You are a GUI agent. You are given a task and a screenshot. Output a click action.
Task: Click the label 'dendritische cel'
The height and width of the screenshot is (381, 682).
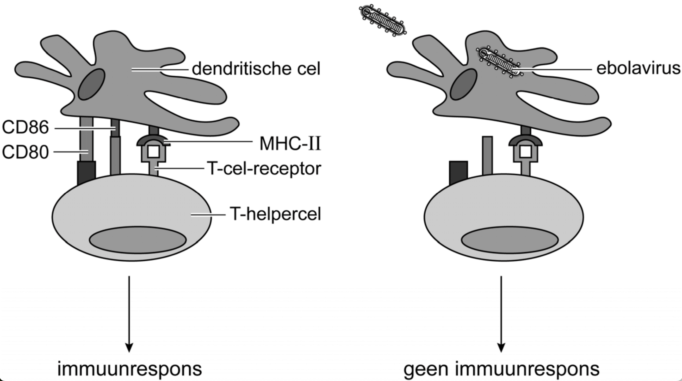pyautogui.click(x=256, y=69)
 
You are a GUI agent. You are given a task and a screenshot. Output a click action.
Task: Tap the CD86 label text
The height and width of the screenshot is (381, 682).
pyautogui.click(x=26, y=127)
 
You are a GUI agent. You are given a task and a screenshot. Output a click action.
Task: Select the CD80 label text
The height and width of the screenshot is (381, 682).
pyautogui.click(x=26, y=152)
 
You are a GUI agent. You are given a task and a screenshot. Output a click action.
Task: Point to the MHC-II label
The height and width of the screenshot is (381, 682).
pyautogui.click(x=290, y=144)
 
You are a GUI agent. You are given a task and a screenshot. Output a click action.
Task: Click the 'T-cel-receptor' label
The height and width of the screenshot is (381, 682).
pyautogui.click(x=265, y=168)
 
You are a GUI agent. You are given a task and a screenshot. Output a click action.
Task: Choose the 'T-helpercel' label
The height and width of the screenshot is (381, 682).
pyautogui.click(x=275, y=214)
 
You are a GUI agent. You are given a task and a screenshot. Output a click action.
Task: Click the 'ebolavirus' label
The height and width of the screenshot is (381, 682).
pyautogui.click(x=638, y=68)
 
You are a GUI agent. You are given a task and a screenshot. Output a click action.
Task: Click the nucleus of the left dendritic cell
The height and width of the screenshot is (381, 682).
pyautogui.click(x=92, y=84)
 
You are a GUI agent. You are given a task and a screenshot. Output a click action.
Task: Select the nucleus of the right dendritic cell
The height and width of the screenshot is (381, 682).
pyautogui.click(x=464, y=84)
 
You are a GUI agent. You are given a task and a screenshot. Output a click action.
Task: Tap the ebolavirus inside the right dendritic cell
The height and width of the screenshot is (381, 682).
pyautogui.click(x=499, y=62)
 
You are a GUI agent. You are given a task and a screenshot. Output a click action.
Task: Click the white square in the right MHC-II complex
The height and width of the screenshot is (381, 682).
pyautogui.click(x=525, y=152)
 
